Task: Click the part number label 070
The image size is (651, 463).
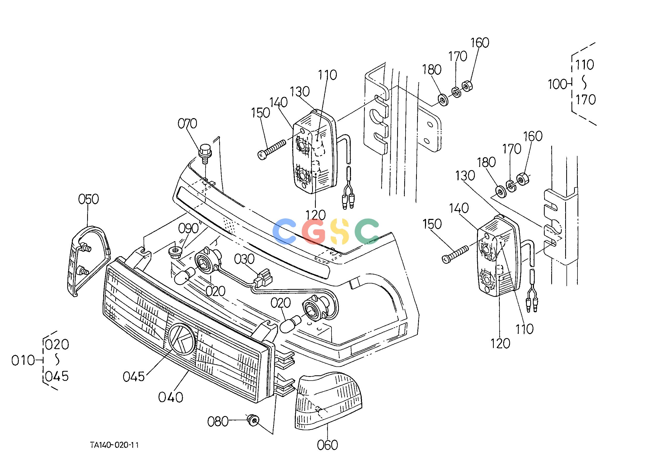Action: [x=187, y=124]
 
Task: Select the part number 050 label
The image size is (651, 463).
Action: [x=88, y=199]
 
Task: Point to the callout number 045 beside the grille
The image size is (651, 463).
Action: [x=134, y=377]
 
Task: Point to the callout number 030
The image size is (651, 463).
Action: [x=244, y=259]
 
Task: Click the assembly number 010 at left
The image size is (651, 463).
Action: [x=23, y=360]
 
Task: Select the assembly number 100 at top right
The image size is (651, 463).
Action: [x=558, y=85]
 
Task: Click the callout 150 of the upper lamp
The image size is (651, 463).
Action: [x=260, y=113]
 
